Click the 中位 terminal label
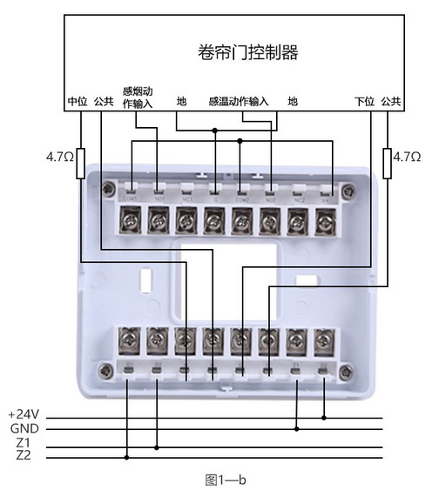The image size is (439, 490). [x=78, y=101]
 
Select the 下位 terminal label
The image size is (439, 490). [x=364, y=101]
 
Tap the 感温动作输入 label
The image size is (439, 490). [x=239, y=101]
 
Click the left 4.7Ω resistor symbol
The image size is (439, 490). [x=80, y=163]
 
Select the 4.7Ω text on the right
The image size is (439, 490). [x=408, y=157]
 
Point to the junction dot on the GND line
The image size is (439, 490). [x=298, y=428]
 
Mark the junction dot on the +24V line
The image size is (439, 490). [x=324, y=416]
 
